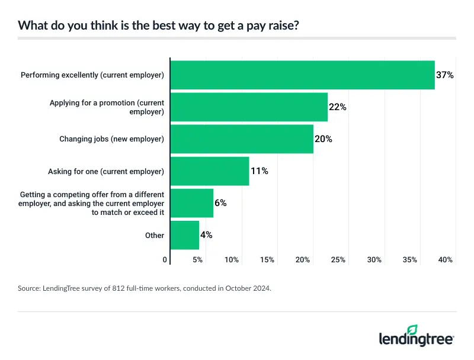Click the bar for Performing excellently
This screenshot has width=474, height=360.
302,75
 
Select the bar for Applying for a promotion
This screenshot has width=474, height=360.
249,107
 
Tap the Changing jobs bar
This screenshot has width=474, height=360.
242,139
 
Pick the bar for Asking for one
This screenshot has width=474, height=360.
210,171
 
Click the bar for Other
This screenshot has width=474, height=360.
185,235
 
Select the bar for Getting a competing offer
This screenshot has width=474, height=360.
192,203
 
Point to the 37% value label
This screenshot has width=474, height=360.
445,75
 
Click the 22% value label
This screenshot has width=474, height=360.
338,107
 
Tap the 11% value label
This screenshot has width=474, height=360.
260,171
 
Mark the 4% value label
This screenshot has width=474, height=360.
206,235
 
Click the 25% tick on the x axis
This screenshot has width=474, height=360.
338,260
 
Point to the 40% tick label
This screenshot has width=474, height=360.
446,260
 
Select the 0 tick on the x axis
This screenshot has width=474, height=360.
165,260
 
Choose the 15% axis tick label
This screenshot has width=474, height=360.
267,260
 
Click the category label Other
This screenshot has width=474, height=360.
155,235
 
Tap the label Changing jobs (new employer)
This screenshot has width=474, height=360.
111,139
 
